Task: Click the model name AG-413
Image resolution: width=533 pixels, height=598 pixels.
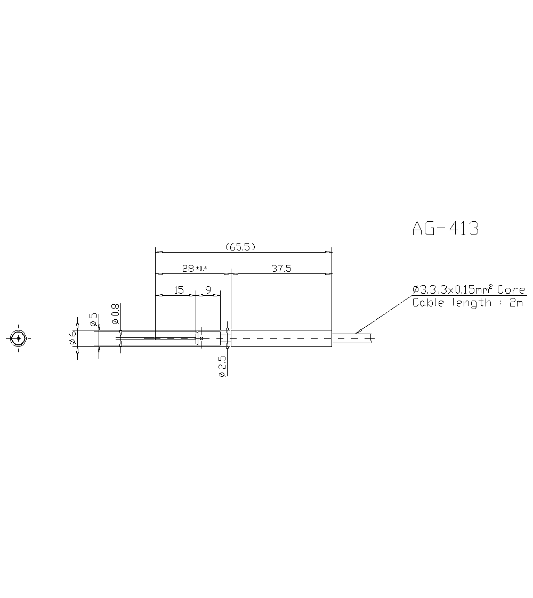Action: coord(446,229)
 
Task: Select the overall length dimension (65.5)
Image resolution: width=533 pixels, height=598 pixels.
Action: coord(241,247)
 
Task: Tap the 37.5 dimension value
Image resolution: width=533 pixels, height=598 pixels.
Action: coord(281,269)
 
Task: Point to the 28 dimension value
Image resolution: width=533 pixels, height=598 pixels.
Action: coord(188,269)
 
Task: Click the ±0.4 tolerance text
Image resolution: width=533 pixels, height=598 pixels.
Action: coord(201,268)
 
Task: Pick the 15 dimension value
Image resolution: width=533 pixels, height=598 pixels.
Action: coord(179,290)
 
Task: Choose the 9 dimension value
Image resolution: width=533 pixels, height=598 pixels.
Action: coord(208,290)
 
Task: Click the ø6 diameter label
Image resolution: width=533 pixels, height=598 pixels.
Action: coord(72,338)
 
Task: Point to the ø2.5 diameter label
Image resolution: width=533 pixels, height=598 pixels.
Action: coord(222,367)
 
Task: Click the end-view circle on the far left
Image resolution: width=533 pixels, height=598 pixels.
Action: coord(19,338)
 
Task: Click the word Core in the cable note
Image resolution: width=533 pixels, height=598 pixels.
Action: coord(511,289)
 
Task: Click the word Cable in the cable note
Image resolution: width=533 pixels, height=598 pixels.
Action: coord(430,303)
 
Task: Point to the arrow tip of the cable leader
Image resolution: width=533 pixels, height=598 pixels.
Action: coord(356,334)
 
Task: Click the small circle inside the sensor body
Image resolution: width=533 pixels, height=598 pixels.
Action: coord(202,338)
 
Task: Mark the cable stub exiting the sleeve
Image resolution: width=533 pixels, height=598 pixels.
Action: coord(352,338)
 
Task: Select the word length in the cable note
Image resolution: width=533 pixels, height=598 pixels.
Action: coord(471,303)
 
